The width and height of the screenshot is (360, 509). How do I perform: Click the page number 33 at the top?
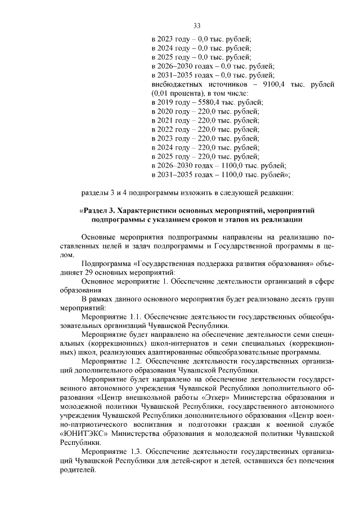coord(197,25)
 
